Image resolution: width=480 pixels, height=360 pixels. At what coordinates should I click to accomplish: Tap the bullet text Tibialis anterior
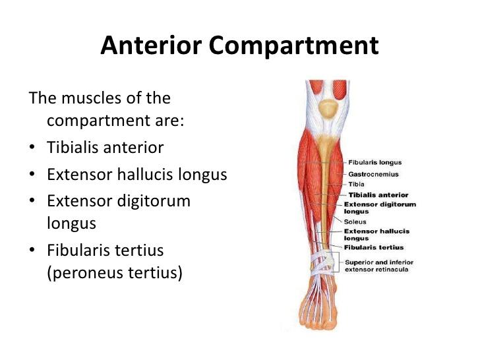point(105,147)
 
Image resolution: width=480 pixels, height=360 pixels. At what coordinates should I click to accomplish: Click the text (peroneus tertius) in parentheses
point(114,272)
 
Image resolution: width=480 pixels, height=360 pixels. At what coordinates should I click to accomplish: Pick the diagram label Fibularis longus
point(374,162)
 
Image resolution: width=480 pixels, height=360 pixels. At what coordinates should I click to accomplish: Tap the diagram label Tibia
point(357,184)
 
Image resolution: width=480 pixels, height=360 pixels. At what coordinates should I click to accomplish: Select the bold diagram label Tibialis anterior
point(378,195)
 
